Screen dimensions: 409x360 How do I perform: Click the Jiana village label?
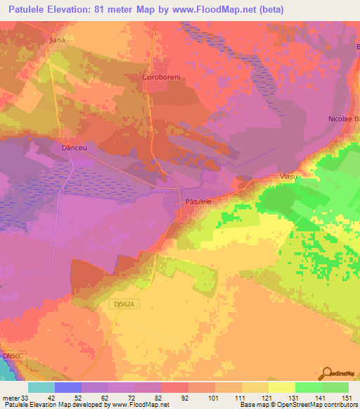point(57,40)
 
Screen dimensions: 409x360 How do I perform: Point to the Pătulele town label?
point(198,201)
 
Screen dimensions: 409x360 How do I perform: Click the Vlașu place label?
point(289,176)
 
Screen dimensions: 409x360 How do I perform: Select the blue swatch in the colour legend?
point(68,387)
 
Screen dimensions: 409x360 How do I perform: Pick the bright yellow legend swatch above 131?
point(282,387)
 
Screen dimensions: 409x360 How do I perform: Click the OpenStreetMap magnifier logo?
point(328,373)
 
